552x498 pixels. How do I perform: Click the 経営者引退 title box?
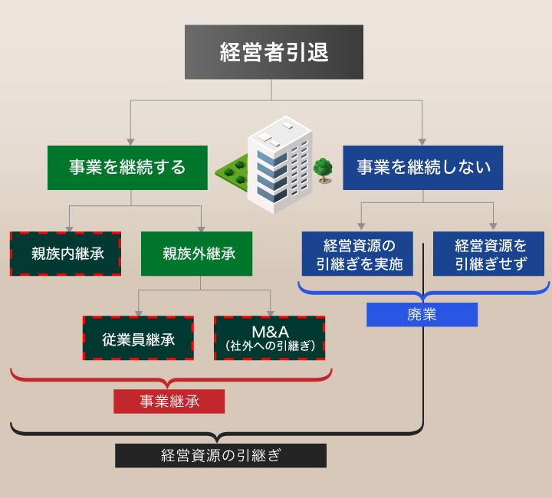pos(274,52)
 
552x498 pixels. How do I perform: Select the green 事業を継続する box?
pos(127,168)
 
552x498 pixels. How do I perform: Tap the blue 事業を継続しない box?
pos(422,168)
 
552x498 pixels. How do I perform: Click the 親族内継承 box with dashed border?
pos(65,254)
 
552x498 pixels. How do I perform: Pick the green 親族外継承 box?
pos(196,254)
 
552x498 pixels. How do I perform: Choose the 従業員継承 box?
pos(139,338)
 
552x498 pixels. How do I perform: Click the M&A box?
pos(269,338)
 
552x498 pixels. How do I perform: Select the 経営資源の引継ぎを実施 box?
pos(357,254)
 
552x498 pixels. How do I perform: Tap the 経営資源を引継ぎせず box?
pos(488,254)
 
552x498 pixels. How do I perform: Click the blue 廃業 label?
pos(422,315)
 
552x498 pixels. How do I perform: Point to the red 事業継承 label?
pos(169,401)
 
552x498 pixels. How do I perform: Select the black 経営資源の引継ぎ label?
pos(221,455)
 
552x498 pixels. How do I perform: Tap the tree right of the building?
pos(323,169)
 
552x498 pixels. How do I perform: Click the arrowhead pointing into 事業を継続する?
pos(131,141)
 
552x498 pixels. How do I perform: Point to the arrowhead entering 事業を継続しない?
pos(422,141)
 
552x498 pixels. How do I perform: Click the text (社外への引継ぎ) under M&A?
pos(270,346)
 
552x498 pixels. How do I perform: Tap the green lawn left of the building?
pos(235,171)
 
